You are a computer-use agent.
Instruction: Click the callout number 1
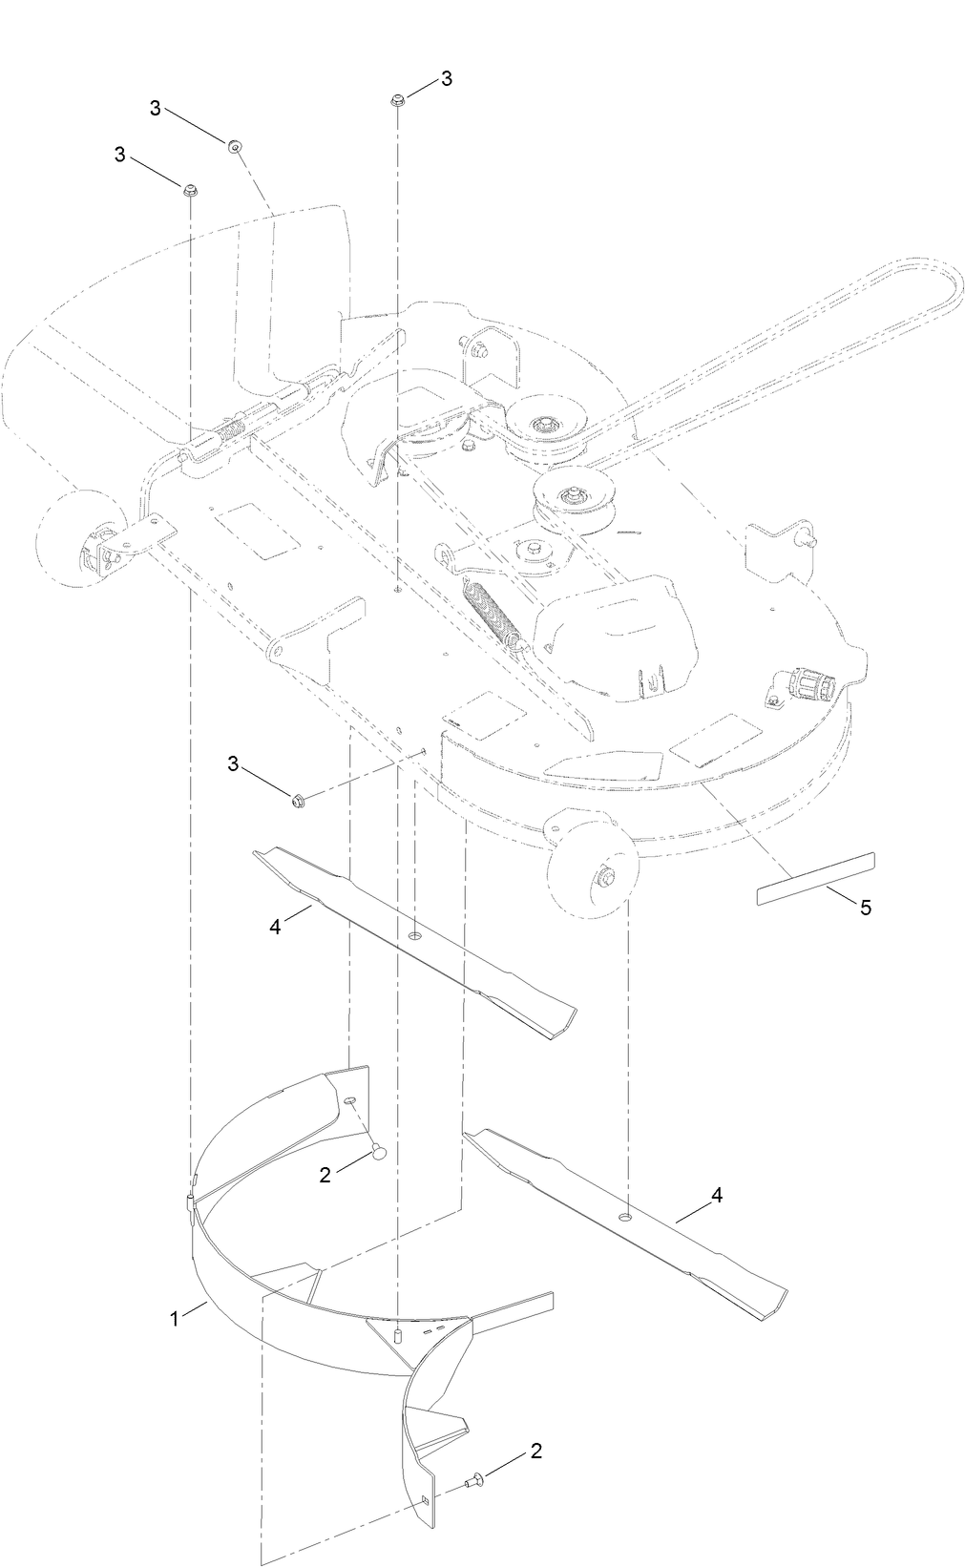tap(175, 1319)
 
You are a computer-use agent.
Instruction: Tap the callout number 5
tap(866, 908)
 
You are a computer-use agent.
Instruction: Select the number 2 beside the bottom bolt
tap(535, 1452)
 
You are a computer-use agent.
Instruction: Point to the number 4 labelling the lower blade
tap(717, 1195)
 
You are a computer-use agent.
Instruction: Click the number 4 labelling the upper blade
tap(276, 927)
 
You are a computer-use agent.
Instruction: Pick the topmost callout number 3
tap(446, 78)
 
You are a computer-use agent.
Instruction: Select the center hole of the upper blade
tap(414, 938)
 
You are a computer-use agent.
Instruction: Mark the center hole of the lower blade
tap(625, 1218)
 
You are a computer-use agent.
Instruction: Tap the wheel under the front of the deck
tap(594, 872)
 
